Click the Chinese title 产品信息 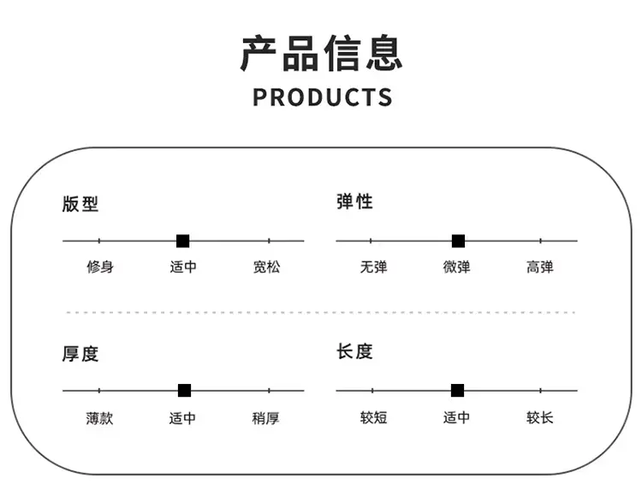tap(321, 53)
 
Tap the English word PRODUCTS tap(322, 97)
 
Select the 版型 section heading tap(80, 204)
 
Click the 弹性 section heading tap(354, 201)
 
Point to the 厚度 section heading tap(80, 354)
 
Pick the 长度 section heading tap(354, 351)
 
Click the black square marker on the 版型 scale tap(182, 241)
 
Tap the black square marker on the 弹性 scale tap(458, 241)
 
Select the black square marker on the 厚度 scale tap(184, 391)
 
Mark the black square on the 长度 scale tap(457, 391)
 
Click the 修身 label tap(100, 267)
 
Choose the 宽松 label tap(266, 267)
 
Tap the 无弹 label tap(373, 267)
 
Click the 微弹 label tap(456, 267)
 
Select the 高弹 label tap(539, 267)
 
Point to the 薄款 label tap(99, 418)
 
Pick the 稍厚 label tap(265, 418)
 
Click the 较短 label tap(373, 417)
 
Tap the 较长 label tap(539, 417)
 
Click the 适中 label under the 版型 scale tap(183, 267)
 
